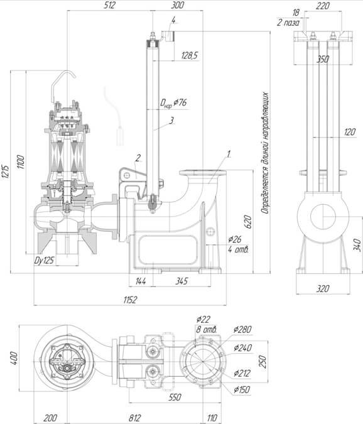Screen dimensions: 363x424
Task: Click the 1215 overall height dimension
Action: coord(6,171)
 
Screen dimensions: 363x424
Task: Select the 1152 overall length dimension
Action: coord(130,300)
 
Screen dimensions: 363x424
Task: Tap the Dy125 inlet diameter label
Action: coord(44,261)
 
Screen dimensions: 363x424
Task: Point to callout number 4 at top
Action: coord(173,20)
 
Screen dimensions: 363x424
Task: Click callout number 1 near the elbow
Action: coord(229,154)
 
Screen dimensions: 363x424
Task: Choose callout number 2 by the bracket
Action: coord(138,158)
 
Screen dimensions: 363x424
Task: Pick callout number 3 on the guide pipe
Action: coord(171,121)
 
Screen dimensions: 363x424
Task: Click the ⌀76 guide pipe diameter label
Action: coord(180,102)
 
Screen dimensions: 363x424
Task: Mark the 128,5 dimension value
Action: coord(190,55)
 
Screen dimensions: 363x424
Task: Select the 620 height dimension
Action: coord(248,222)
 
